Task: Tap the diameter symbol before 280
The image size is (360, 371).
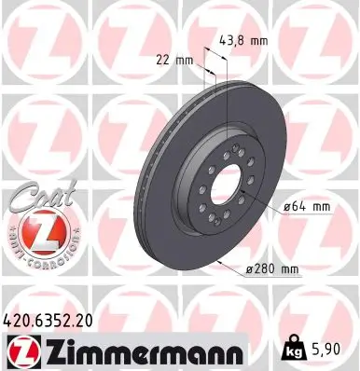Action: (250, 268)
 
